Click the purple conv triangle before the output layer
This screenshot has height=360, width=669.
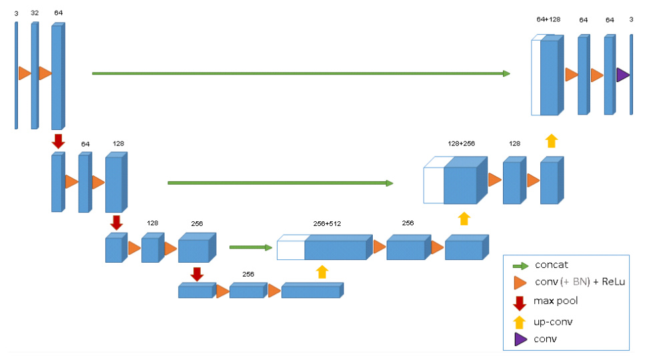tap(622, 75)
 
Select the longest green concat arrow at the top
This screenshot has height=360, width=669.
tap(301, 73)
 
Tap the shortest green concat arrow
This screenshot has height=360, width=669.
tap(251, 247)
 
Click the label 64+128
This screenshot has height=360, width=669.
tap(548, 19)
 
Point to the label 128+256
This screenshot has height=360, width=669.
tap(461, 144)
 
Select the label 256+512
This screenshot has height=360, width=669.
tap(327, 223)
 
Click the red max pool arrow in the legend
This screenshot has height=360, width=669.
tap(519, 303)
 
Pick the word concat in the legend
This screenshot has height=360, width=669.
tap(551, 265)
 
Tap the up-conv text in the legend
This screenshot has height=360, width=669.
tap(553, 322)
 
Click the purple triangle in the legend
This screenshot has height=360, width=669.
tap(520, 339)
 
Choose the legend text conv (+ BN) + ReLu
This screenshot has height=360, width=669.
tap(580, 282)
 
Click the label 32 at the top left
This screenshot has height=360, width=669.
tap(35, 13)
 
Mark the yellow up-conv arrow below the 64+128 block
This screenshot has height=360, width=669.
tap(551, 141)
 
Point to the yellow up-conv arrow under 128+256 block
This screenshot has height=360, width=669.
tap(464, 219)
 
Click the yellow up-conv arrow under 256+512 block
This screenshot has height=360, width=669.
tap(322, 272)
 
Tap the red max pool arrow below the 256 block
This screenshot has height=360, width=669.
tap(197, 274)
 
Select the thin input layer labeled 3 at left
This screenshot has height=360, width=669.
tap(16, 75)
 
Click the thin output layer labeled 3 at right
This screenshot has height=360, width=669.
tap(632, 75)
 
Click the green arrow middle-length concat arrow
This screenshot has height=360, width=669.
tap(280, 183)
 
